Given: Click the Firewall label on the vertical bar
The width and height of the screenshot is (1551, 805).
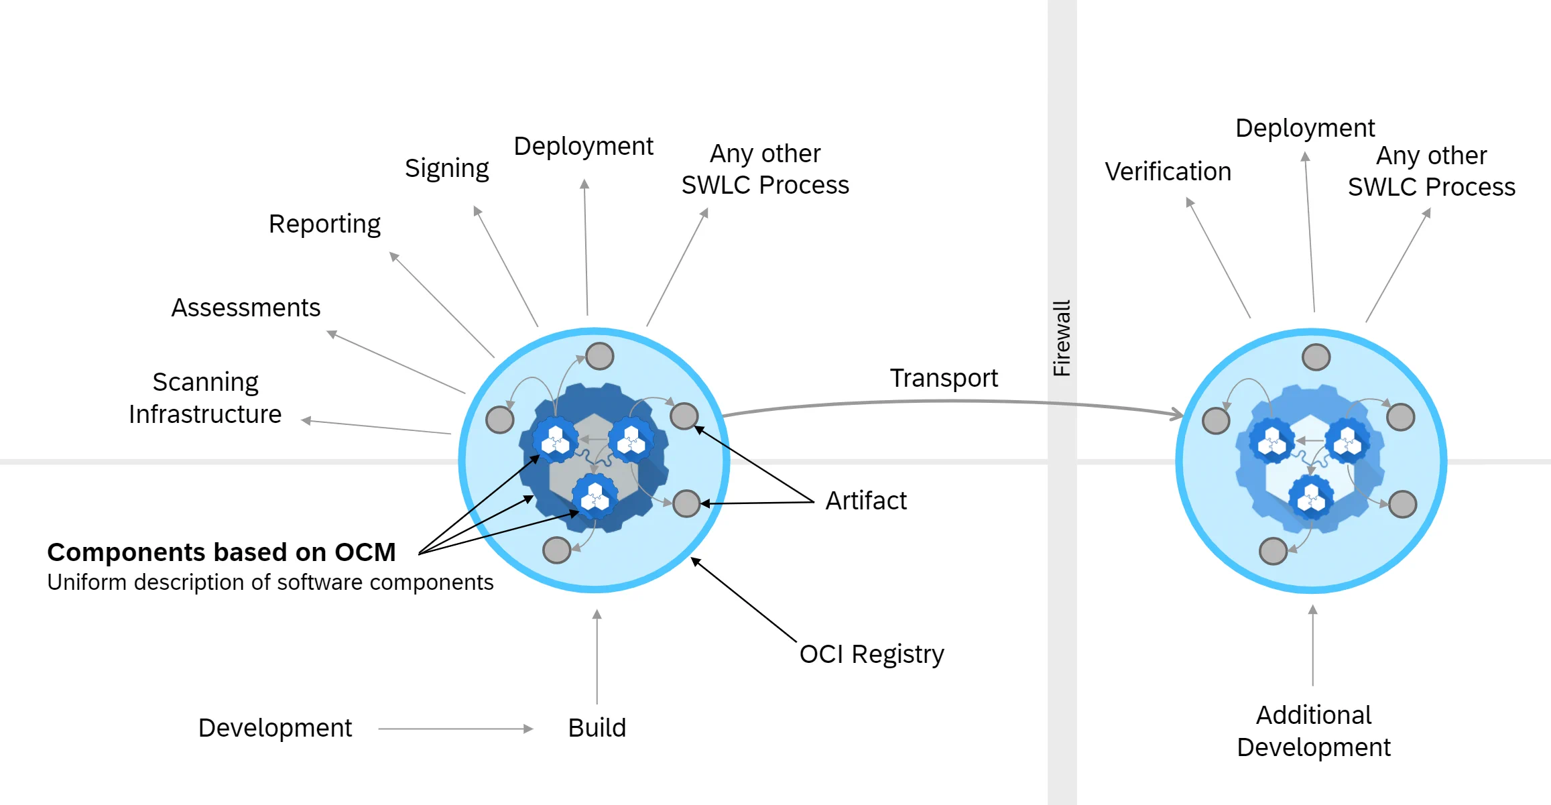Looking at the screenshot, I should [x=1062, y=338].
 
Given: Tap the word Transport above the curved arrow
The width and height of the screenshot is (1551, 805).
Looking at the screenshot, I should [x=943, y=378].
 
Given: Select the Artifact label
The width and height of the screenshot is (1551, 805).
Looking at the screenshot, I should [x=865, y=501].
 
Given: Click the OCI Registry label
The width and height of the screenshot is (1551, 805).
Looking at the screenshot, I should [x=871, y=654].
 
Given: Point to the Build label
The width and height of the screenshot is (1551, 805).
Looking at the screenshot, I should [x=597, y=728].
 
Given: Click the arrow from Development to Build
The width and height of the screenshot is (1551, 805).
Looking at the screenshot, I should [x=456, y=729].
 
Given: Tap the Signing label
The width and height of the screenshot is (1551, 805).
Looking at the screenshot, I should [x=446, y=168].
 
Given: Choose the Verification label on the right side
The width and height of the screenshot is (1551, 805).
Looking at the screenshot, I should [x=1168, y=172].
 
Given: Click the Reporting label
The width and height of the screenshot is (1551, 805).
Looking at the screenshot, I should [x=324, y=224].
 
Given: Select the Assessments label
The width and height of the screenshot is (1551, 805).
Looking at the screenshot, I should [x=245, y=308].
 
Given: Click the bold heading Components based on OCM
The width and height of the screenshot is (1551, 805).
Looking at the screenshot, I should [x=221, y=552].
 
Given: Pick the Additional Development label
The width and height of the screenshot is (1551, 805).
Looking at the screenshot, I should [x=1313, y=731].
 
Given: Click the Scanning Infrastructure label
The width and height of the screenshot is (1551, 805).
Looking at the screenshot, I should [x=205, y=398].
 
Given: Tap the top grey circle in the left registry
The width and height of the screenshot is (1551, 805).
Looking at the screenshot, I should [x=599, y=356].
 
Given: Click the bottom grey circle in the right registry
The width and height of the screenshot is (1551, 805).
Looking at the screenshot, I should [x=1273, y=551].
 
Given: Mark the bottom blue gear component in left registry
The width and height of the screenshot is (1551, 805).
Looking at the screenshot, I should [x=595, y=497].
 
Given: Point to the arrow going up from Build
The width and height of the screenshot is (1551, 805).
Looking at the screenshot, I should [x=597, y=657].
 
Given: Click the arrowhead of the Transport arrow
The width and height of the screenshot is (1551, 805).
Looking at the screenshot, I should [x=1177, y=414].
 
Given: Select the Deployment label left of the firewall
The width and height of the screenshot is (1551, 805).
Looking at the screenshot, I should [x=583, y=146].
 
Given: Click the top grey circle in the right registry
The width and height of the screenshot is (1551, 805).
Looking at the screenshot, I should [x=1316, y=357].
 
